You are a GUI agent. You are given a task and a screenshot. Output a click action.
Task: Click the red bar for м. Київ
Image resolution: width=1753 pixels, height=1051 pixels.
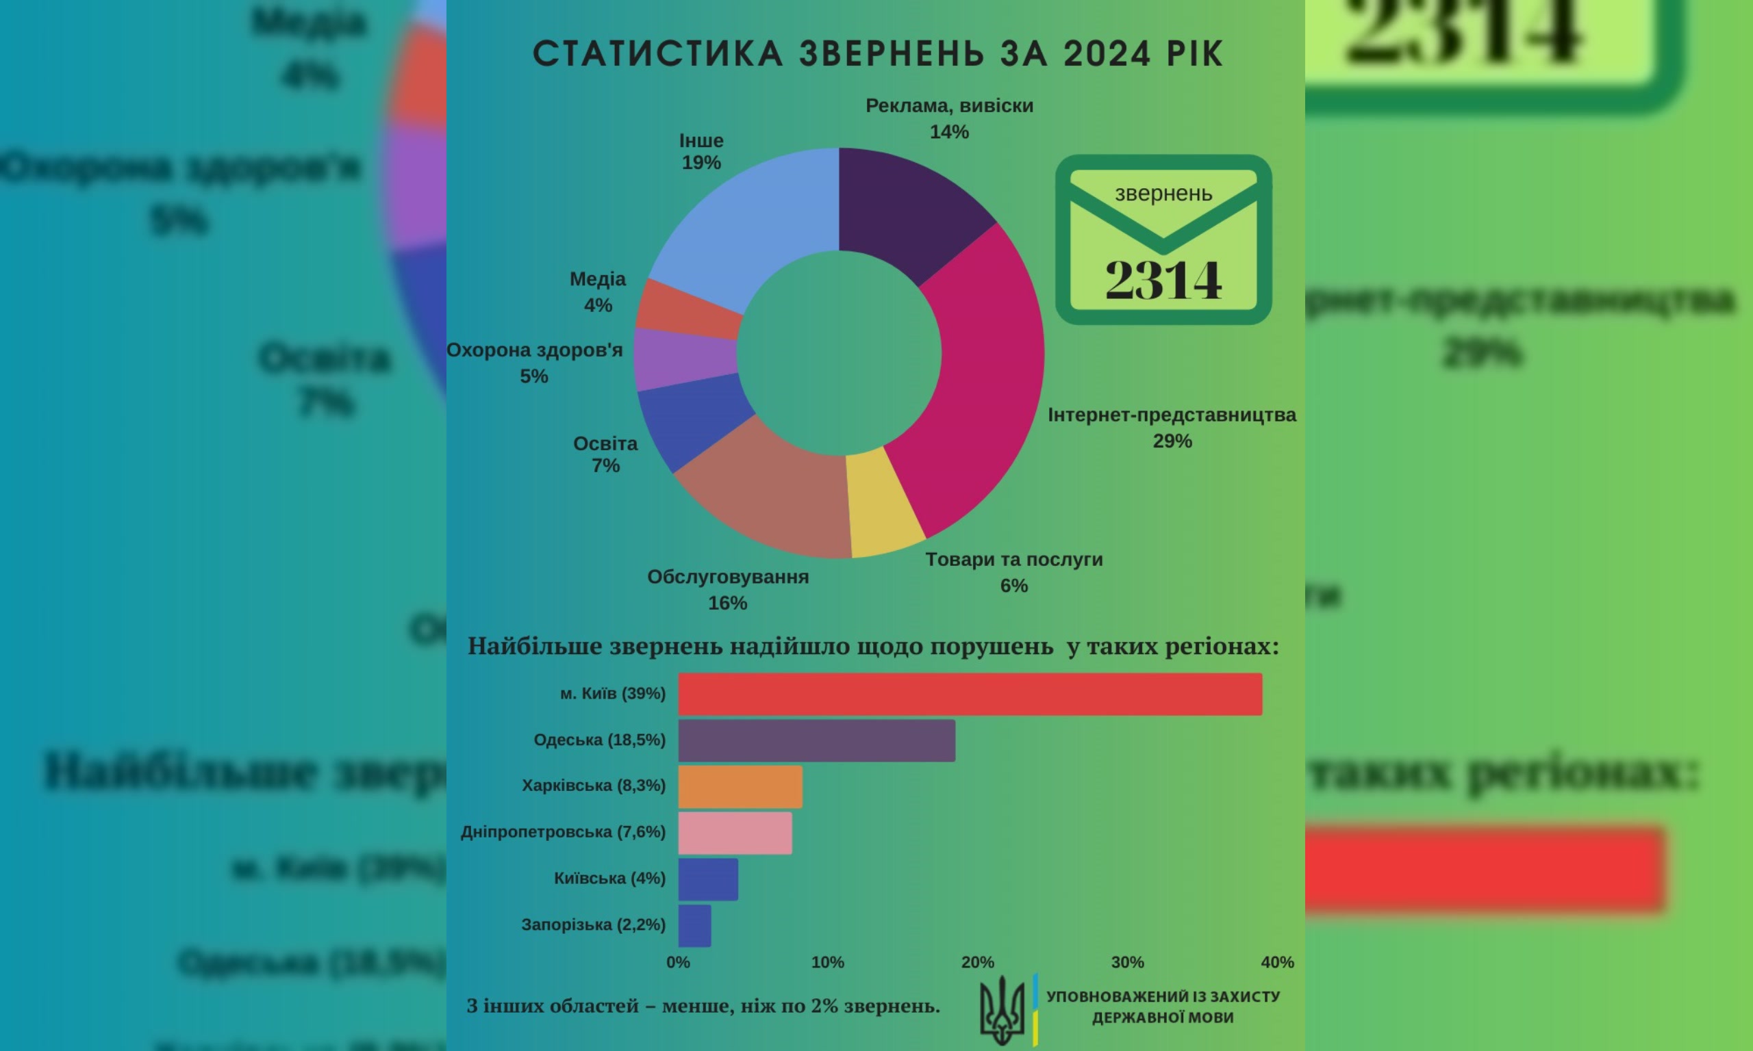click(x=970, y=694)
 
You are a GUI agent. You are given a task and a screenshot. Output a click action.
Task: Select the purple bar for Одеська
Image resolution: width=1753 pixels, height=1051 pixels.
click(x=816, y=741)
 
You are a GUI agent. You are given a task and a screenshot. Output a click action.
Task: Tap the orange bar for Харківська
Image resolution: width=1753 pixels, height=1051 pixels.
click(x=740, y=787)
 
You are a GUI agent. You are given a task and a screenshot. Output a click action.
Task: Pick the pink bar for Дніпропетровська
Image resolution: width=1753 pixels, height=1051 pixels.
click(x=735, y=833)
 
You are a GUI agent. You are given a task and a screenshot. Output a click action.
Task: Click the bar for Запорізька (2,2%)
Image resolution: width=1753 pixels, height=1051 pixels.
click(x=694, y=926)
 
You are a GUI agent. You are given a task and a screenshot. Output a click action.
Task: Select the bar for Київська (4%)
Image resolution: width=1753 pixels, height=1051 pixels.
click(x=708, y=880)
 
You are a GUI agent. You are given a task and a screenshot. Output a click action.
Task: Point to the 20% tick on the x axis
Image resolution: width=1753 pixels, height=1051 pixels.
click(x=978, y=963)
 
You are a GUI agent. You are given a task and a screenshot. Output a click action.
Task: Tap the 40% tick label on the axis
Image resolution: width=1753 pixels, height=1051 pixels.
click(x=1278, y=963)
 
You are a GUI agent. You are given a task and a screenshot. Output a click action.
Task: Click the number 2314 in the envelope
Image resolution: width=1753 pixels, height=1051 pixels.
click(x=1163, y=280)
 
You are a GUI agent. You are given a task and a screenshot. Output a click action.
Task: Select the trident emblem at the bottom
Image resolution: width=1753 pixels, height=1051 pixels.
click(x=1002, y=1011)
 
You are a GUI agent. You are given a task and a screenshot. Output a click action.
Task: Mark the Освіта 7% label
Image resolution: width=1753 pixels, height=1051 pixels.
click(x=606, y=454)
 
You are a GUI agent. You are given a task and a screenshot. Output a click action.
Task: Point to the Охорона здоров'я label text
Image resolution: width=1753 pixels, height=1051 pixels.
click(x=534, y=350)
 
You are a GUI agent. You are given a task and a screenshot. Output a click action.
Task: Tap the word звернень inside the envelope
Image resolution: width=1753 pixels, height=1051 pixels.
click(x=1163, y=194)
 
